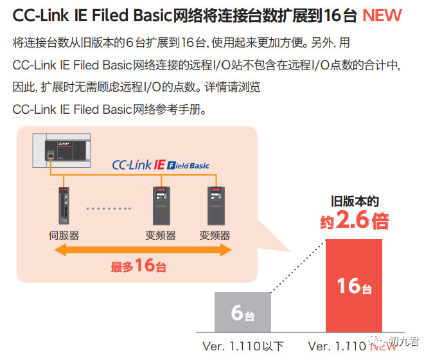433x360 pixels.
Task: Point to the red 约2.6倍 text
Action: (355, 222)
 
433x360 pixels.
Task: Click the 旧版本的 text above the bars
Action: (355, 203)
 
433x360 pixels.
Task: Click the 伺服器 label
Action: (64, 235)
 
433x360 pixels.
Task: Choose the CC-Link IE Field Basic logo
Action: (161, 165)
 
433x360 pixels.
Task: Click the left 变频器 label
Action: (161, 235)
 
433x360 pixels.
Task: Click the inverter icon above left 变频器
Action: (161, 205)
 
